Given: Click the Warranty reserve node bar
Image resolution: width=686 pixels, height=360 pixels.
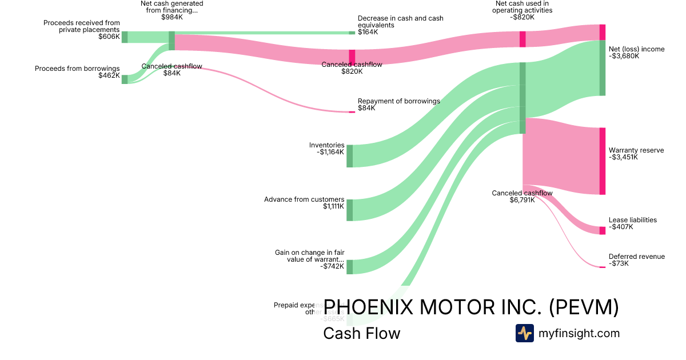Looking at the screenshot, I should (602, 161).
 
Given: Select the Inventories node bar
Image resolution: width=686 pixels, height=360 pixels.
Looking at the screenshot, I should (349, 156).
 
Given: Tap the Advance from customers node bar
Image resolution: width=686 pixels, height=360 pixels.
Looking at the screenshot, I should (349, 210).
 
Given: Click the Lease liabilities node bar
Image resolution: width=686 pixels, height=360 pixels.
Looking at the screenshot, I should (602, 230).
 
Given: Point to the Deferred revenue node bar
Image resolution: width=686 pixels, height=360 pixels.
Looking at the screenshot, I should (602, 267).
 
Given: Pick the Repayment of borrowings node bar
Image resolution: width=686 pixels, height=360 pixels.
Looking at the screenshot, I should (352, 112).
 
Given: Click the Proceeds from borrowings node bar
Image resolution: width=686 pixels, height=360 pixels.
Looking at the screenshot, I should (125, 79).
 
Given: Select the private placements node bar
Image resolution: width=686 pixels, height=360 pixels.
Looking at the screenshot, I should (125, 37).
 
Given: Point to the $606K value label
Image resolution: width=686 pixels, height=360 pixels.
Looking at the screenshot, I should (109, 37).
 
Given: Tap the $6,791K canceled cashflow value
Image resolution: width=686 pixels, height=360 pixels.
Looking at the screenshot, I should (522, 201).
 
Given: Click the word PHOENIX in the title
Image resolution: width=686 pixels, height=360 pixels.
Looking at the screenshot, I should (369, 307).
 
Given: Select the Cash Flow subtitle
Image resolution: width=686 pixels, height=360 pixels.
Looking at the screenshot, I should (362, 333).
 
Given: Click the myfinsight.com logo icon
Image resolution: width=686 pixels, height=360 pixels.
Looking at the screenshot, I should (524, 333).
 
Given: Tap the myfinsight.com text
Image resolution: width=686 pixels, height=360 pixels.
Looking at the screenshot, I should (579, 333).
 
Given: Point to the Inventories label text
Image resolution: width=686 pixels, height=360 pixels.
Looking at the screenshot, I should (326, 145).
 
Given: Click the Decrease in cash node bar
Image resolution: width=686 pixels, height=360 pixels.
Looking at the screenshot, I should (352, 33).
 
